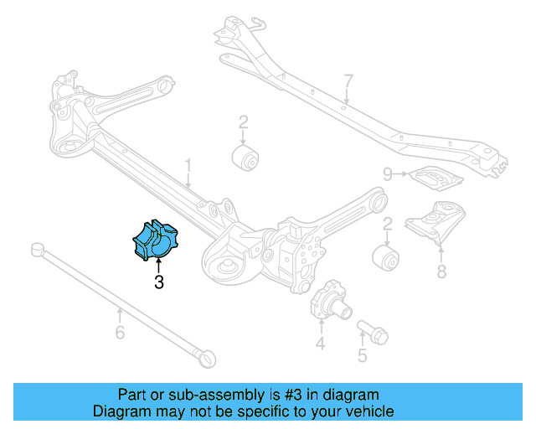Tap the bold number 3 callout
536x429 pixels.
click(158, 282)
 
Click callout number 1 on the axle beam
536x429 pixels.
click(188, 165)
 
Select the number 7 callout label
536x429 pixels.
click(348, 81)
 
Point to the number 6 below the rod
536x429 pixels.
click(120, 333)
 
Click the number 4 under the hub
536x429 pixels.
click(321, 344)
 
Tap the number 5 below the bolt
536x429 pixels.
click(362, 357)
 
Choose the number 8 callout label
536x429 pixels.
click(441, 271)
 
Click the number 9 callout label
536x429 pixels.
click(388, 174)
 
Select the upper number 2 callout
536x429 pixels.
click(243, 123)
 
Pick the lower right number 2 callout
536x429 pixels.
click(388, 224)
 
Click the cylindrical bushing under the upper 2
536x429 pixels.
click(245, 157)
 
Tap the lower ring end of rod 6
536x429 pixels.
click(206, 358)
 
